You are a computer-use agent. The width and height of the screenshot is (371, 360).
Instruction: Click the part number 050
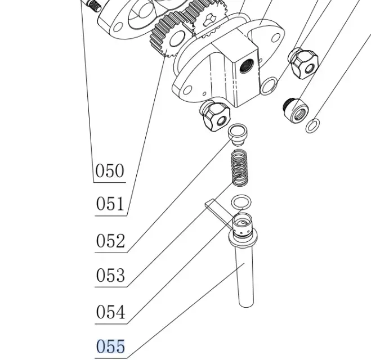[x=110, y=170]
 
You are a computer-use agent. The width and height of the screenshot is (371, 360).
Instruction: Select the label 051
[x=110, y=204]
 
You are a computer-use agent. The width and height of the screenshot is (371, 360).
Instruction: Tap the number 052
[x=110, y=241]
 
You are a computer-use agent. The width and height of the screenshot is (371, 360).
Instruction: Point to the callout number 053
[x=110, y=276]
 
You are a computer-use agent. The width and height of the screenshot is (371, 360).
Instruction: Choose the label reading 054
[x=110, y=312]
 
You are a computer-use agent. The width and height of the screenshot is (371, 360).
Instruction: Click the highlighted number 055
[x=110, y=346]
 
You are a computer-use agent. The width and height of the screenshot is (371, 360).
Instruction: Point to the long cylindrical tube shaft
[x=245, y=276]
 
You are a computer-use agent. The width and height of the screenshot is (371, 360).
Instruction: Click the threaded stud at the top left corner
[x=93, y=4]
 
